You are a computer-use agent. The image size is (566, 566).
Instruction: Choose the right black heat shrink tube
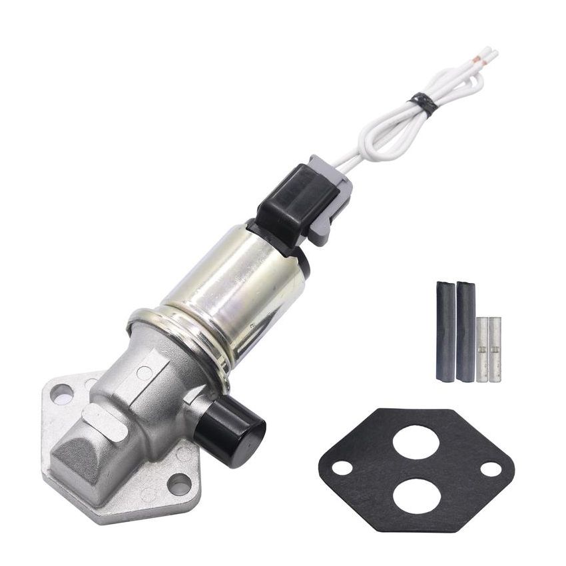466,331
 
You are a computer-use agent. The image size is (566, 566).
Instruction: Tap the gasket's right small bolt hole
491,469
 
